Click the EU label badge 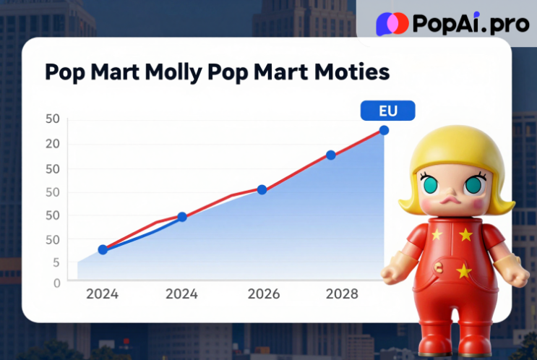click(387, 111)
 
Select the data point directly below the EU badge click(384, 130)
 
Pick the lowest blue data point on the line click(103, 249)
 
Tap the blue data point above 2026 click(262, 189)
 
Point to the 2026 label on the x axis click(263, 294)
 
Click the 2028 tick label click(342, 294)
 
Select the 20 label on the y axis click(51, 144)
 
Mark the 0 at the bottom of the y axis click(56, 283)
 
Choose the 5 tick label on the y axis click(56, 262)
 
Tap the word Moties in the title click(355, 73)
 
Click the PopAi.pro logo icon click(392, 24)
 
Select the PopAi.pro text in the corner click(470, 24)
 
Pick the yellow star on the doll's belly click(463, 270)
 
